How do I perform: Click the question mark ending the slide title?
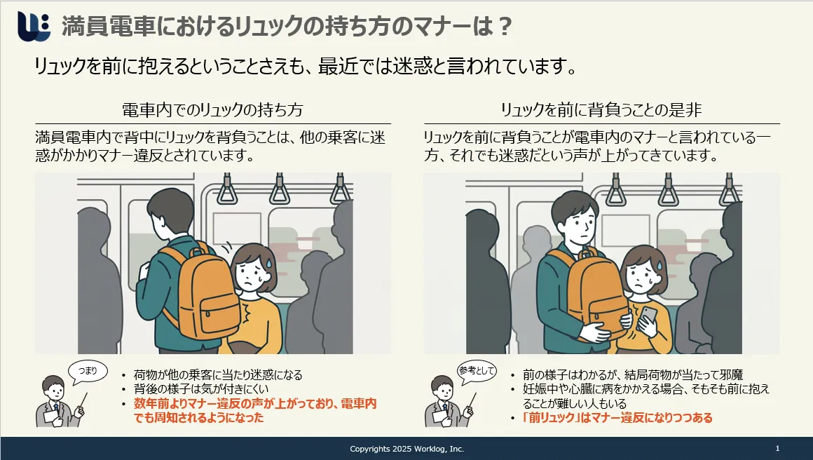tap(503, 26)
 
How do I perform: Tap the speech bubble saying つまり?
tap(88, 372)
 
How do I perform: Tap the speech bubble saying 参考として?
tap(477, 372)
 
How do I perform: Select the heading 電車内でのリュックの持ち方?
tap(212, 110)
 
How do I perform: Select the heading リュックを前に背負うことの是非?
tap(601, 110)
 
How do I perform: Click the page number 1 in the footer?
tap(777, 448)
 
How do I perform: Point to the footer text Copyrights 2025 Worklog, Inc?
tap(407, 449)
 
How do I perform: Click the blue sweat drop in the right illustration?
tap(660, 266)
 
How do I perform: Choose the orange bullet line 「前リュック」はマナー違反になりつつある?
tap(617, 418)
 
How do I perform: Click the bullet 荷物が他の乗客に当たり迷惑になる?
tap(218, 374)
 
